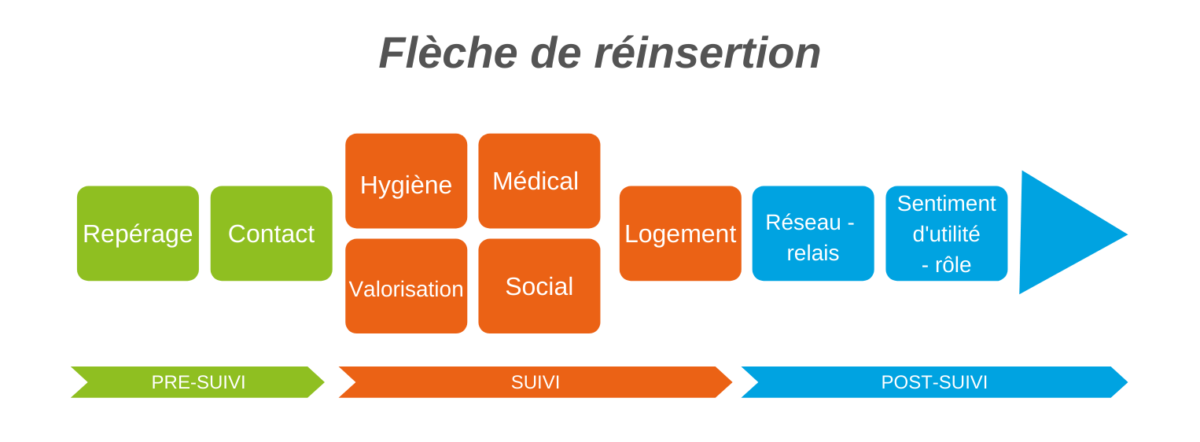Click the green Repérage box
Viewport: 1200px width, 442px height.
click(138, 234)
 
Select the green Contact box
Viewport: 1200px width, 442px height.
click(271, 234)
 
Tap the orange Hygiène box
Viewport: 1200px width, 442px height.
click(406, 181)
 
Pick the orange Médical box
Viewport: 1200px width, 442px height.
click(539, 181)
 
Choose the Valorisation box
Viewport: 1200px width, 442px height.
click(406, 286)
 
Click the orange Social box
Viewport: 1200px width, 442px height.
click(539, 286)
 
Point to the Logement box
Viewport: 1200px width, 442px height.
click(680, 234)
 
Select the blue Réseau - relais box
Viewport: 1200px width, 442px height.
click(813, 234)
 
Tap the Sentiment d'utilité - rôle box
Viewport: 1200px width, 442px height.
click(947, 234)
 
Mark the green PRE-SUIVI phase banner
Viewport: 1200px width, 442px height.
click(197, 382)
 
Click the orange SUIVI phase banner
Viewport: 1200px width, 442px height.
click(536, 382)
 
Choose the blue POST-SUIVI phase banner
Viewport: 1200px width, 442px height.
click(935, 382)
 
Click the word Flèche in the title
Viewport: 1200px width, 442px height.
click(448, 53)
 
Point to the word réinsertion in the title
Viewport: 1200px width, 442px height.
click(708, 53)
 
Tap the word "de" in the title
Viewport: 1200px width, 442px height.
click(555, 53)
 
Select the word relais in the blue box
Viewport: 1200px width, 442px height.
click(812, 253)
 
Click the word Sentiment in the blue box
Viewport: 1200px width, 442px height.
click(947, 204)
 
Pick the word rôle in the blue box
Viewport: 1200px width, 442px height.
click(953, 265)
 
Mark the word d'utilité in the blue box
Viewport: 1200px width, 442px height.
click(946, 234)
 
